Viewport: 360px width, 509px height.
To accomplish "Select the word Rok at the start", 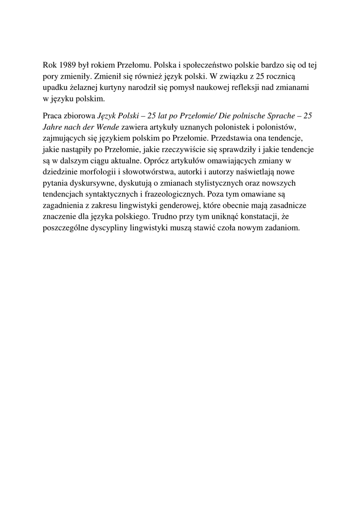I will coord(50,65).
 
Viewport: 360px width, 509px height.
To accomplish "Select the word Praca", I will coord(53,116).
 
